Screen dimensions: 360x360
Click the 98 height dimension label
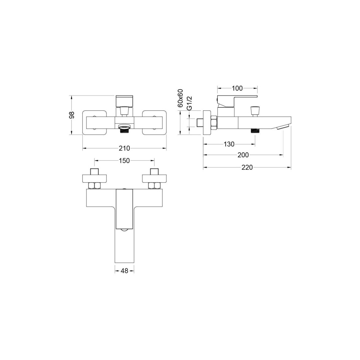pyautogui.click(x=72, y=115)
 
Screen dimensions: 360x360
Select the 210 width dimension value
pyautogui.click(x=124, y=148)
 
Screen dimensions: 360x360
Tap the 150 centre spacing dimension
pyautogui.click(x=124, y=161)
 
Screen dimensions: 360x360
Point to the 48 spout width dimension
pyautogui.click(x=124, y=271)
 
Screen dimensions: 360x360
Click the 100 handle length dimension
pyautogui.click(x=237, y=88)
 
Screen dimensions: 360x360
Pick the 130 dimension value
pyautogui.click(x=229, y=144)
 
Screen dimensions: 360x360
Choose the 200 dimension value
pyautogui.click(x=243, y=155)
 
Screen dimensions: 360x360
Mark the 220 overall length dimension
pyautogui.click(x=247, y=167)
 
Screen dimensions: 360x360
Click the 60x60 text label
pyautogui.click(x=180, y=98)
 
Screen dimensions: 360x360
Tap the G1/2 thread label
pyautogui.click(x=189, y=103)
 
